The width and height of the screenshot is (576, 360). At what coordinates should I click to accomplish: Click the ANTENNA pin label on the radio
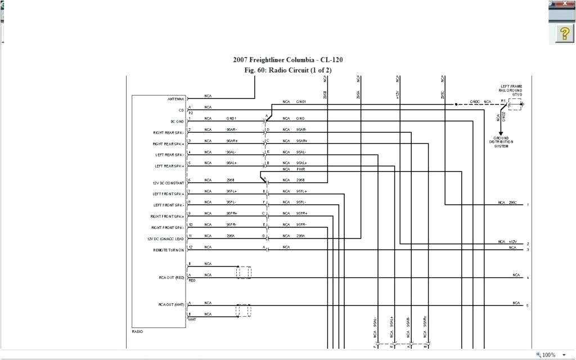tap(175, 99)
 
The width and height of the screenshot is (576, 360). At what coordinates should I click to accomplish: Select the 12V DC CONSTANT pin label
tap(169, 183)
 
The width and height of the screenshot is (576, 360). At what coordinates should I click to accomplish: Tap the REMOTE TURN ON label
tap(169, 250)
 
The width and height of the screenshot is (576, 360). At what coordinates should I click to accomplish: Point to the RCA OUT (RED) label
tap(172, 277)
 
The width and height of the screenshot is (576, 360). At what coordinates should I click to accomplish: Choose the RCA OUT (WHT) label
tap(172, 305)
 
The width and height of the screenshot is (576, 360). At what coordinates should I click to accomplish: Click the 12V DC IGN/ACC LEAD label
tap(165, 238)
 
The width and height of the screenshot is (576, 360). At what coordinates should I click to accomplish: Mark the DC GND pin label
tap(177, 121)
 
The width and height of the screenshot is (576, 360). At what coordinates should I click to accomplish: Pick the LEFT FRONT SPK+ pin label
tap(169, 194)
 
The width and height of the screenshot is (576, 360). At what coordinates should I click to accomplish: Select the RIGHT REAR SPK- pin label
tap(169, 133)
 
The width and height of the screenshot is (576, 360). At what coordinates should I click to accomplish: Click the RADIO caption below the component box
tap(137, 332)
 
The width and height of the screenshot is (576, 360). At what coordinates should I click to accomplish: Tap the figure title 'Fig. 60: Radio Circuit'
tap(287, 70)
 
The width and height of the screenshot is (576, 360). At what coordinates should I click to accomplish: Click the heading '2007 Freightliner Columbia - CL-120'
tap(287, 60)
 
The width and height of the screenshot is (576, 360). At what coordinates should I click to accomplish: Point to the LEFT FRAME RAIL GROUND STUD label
tap(511, 90)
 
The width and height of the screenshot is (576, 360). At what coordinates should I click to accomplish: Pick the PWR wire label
tap(301, 169)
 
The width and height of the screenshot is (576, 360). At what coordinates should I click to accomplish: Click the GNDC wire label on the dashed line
tap(475, 102)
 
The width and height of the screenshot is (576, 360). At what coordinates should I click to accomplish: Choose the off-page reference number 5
tap(527, 306)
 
